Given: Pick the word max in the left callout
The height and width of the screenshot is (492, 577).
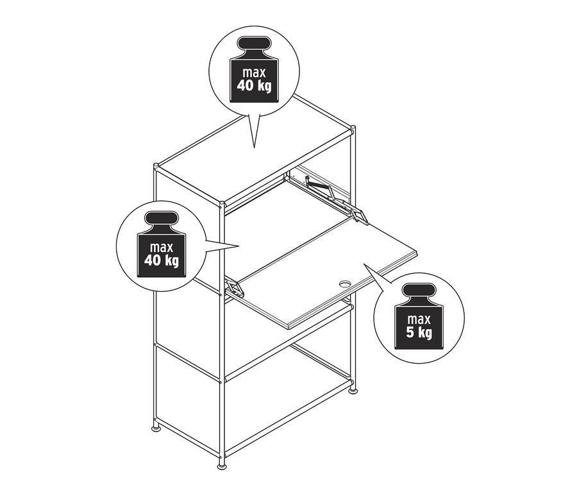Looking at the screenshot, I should (x=162, y=246).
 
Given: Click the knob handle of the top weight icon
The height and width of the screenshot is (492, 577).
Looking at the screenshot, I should (x=255, y=46).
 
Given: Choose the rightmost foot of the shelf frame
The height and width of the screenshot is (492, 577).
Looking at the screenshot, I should (x=352, y=389).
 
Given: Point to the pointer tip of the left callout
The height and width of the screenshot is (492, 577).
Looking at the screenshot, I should (x=239, y=246).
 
